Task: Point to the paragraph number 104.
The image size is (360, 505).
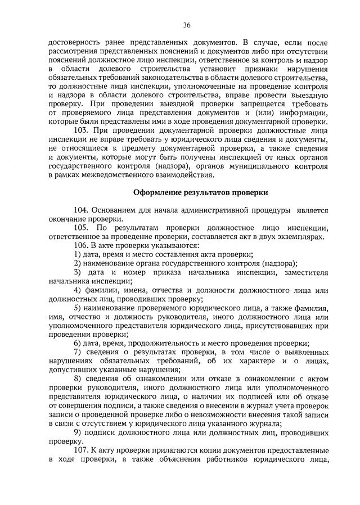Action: coord(81,210)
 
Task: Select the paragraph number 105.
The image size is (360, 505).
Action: coord(81,228)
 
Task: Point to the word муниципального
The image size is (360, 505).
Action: coord(250,166)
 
